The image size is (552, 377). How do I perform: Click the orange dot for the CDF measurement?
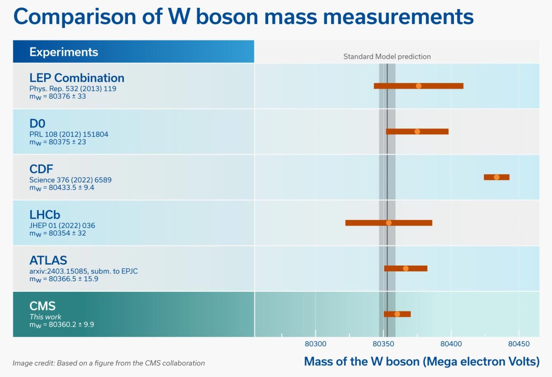click(496, 177)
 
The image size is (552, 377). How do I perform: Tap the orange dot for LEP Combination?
click(418, 86)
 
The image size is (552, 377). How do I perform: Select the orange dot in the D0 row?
click(417, 132)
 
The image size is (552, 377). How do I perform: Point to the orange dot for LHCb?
click(389, 223)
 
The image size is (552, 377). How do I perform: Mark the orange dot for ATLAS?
click(406, 268)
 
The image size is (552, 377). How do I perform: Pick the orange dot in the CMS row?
click(397, 314)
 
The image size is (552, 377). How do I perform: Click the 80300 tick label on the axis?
click(315, 344)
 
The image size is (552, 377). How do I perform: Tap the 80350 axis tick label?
click(383, 344)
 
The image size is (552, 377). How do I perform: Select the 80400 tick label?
click(451, 344)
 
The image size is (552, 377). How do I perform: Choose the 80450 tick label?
click(519, 344)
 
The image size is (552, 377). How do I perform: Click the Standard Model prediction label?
click(387, 57)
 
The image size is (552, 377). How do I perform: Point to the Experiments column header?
click(63, 52)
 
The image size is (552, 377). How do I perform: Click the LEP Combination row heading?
click(77, 77)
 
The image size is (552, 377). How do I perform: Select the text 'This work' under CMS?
click(45, 317)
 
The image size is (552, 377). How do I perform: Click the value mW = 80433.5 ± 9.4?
click(62, 187)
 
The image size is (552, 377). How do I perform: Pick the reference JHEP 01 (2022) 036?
click(62, 226)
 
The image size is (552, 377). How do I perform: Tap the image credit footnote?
click(109, 363)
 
